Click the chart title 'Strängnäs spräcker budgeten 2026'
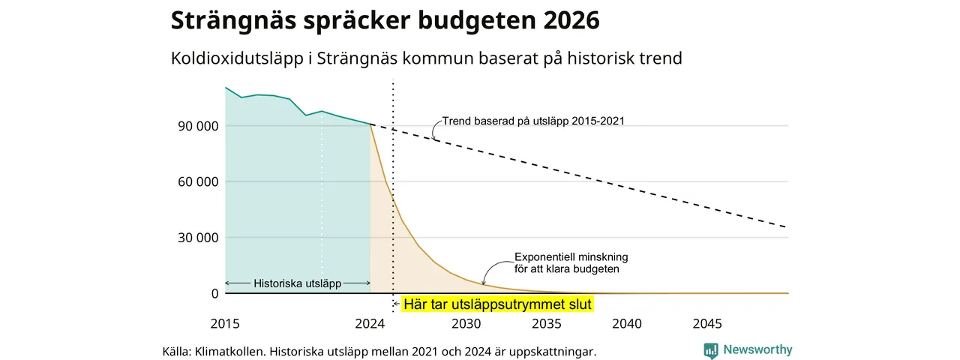[x=385, y=20]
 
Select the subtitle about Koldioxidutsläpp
[x=427, y=58]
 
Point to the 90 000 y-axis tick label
[x=198, y=127]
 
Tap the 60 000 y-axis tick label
[x=198, y=182]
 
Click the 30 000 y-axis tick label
[x=198, y=238]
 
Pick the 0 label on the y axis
[x=214, y=293]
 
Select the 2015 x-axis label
[x=225, y=324]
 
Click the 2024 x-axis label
[x=370, y=324]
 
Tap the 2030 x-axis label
[x=466, y=324]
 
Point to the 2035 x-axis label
[x=547, y=324]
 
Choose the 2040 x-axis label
[x=627, y=324]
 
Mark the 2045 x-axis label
[x=707, y=324]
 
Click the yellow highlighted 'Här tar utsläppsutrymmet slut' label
[x=497, y=304]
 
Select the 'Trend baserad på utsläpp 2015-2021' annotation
[x=533, y=121]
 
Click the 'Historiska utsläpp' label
[x=298, y=283]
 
